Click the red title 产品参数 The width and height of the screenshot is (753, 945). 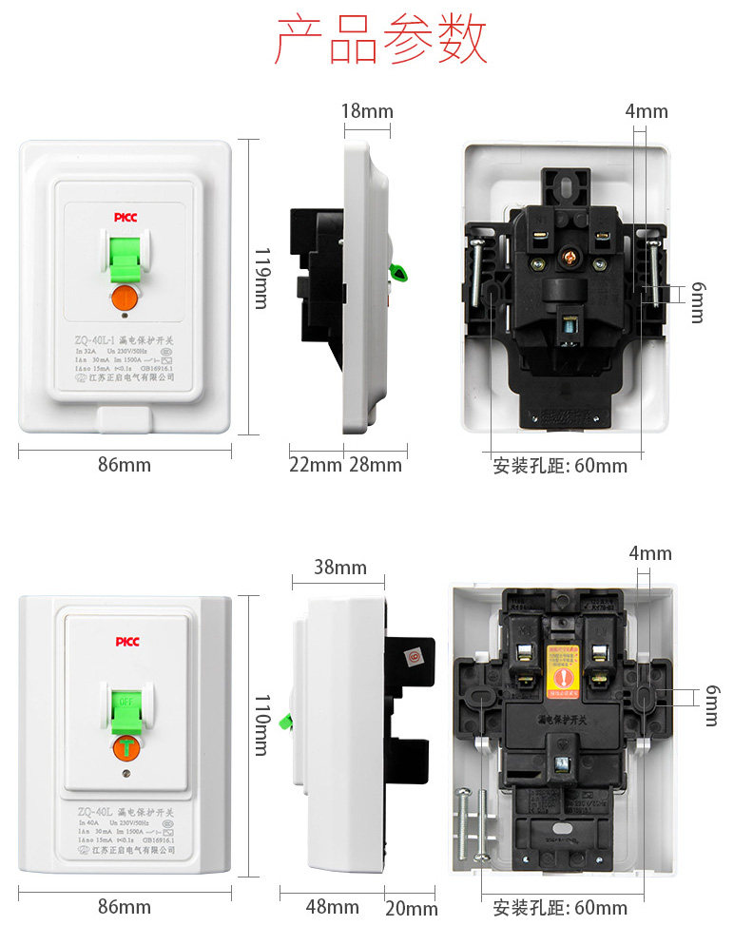pyautogui.click(x=380, y=40)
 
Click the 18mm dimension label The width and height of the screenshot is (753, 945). pyautogui.click(x=367, y=111)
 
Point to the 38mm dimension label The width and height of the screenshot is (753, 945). pyautogui.click(x=340, y=568)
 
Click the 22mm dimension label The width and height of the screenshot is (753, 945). pyautogui.click(x=315, y=465)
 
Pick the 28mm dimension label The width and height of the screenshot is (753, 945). pyautogui.click(x=376, y=465)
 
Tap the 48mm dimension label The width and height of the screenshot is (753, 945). pyautogui.click(x=332, y=907)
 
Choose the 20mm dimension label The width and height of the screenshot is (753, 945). pyautogui.click(x=412, y=908)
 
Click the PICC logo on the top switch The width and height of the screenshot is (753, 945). pyautogui.click(x=125, y=218)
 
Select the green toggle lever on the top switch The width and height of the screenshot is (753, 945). pyautogui.click(x=125, y=259)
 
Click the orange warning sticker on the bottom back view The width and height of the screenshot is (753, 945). pyautogui.click(x=566, y=666)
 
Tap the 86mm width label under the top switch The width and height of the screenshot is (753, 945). pyautogui.click(x=125, y=465)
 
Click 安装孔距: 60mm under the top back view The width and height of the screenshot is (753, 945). pyautogui.click(x=560, y=466)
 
